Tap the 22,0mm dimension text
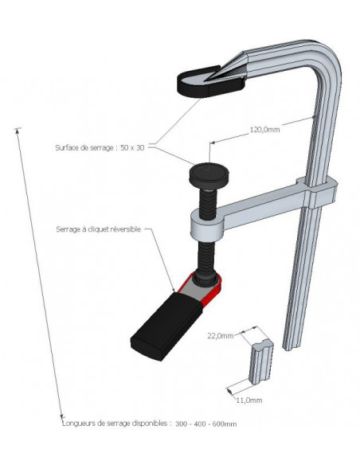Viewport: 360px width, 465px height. (x=221, y=336)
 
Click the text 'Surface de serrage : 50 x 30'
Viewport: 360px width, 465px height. (x=101, y=147)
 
